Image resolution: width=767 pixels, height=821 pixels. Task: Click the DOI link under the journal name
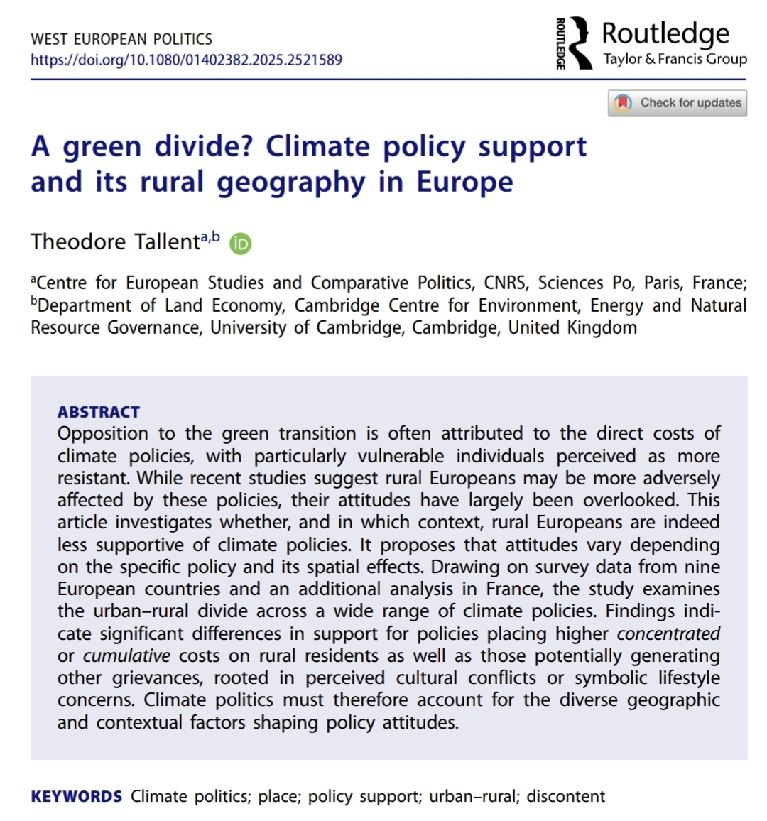pyautogui.click(x=186, y=60)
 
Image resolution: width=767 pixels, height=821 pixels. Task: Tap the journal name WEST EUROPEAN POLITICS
pyautogui.click(x=121, y=39)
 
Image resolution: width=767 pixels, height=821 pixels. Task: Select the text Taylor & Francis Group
pyautogui.click(x=675, y=59)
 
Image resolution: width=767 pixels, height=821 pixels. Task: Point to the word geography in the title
pyautogui.click(x=290, y=182)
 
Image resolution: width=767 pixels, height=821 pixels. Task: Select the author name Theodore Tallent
pyautogui.click(x=116, y=242)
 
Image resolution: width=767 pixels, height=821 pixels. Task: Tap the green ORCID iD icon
pyautogui.click(x=241, y=244)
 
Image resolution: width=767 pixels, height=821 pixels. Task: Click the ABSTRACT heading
pyautogui.click(x=99, y=412)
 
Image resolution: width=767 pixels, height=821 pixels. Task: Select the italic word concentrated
pyautogui.click(x=668, y=634)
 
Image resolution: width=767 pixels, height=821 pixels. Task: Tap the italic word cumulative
pyautogui.click(x=127, y=656)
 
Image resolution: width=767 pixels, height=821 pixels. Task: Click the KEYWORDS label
pyautogui.click(x=77, y=797)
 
